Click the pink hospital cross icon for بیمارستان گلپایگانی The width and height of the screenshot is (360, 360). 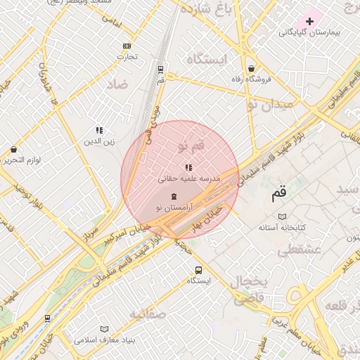point(309,22)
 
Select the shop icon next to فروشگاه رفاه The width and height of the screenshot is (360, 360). point(252,69)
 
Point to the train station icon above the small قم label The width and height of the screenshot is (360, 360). point(161,70)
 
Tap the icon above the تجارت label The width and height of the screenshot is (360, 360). point(126,46)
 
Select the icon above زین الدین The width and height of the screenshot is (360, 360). point(99,130)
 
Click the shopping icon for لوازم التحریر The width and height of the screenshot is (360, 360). point(13,149)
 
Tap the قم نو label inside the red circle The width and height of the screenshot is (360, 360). point(192,146)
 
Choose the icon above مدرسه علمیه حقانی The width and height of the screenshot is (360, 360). point(188,167)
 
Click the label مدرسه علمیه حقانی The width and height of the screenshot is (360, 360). point(188,179)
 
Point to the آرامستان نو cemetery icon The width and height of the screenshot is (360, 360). point(174,195)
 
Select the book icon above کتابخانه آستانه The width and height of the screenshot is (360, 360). point(282,217)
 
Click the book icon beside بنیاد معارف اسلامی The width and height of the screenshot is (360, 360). point(105,329)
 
